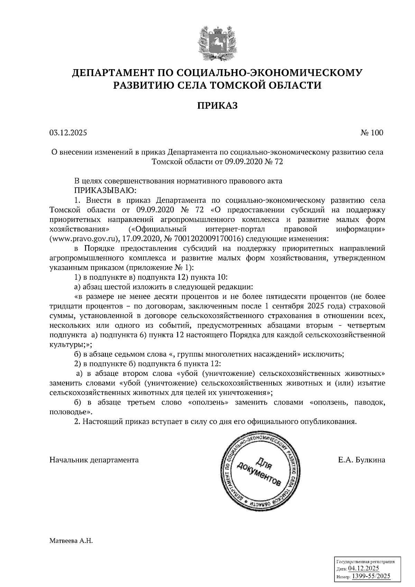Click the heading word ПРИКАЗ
coord(217,105)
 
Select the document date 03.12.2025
coord(68,132)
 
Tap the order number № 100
coord(372,132)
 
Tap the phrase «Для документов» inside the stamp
coord(259,471)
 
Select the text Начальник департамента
coord(94,460)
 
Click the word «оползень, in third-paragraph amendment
coord(326,402)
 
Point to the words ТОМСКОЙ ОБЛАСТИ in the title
coord(266,85)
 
